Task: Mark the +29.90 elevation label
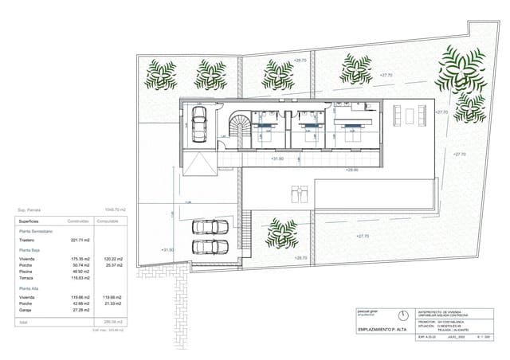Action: pos(351,170)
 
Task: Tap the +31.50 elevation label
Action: pos(167,250)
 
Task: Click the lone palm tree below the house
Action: pos(281,233)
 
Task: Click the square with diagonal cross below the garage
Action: pos(198,166)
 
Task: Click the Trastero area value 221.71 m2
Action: pos(80,240)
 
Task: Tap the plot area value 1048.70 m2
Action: pos(116,210)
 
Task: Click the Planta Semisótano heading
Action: pos(35,230)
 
